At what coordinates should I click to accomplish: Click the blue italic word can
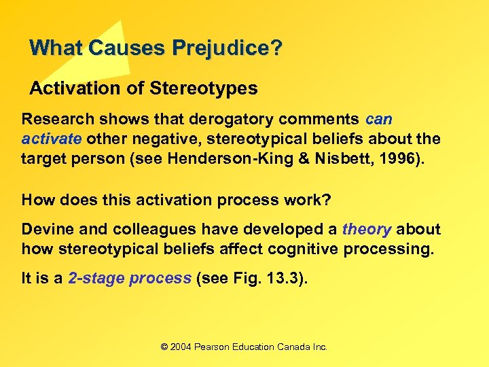(378, 120)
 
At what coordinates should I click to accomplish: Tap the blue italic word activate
(52, 139)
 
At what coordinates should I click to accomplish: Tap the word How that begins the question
(37, 200)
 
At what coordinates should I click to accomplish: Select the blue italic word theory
(367, 230)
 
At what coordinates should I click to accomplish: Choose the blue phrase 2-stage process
(130, 279)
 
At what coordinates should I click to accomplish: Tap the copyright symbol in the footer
(164, 347)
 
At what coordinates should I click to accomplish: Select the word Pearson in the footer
(212, 347)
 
